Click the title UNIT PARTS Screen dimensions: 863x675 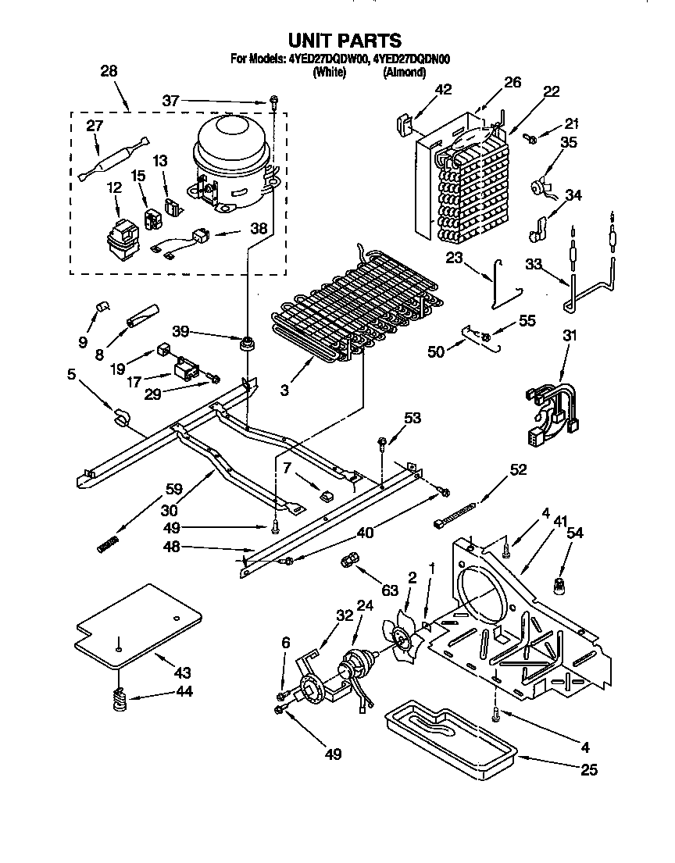coord(345,41)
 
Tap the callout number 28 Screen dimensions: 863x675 coord(109,71)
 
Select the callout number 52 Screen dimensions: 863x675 coord(517,469)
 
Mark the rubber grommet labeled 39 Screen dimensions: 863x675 coord(248,342)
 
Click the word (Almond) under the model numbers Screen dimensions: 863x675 coord(403,73)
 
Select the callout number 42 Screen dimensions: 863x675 coord(443,90)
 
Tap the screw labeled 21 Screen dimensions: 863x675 coord(530,138)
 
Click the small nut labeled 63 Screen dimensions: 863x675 coord(351,561)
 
